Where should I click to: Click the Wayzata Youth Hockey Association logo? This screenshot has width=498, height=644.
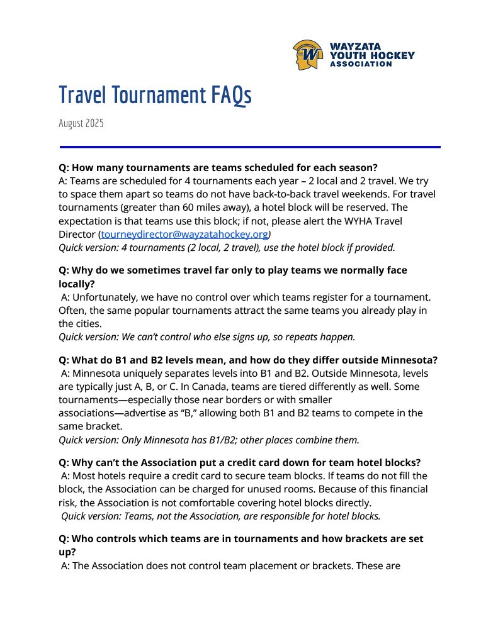[x=353, y=55]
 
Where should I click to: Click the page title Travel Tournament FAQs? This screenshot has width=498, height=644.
[x=155, y=95]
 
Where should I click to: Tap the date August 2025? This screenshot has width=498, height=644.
[x=81, y=123]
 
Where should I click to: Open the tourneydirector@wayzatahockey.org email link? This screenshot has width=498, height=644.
[x=184, y=235]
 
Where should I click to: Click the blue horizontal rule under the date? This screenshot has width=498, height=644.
[x=249, y=147]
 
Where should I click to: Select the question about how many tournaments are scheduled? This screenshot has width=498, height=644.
[x=218, y=168]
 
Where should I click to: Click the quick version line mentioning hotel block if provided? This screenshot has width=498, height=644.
[x=227, y=247]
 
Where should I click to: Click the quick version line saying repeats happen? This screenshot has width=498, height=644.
[x=207, y=336]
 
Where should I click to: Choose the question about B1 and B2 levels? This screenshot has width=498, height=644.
[x=247, y=360]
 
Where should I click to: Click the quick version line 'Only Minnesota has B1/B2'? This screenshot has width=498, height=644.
[x=208, y=440]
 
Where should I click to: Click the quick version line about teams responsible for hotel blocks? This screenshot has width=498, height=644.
[x=220, y=516]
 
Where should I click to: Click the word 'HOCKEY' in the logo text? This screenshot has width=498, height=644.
[x=393, y=55]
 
